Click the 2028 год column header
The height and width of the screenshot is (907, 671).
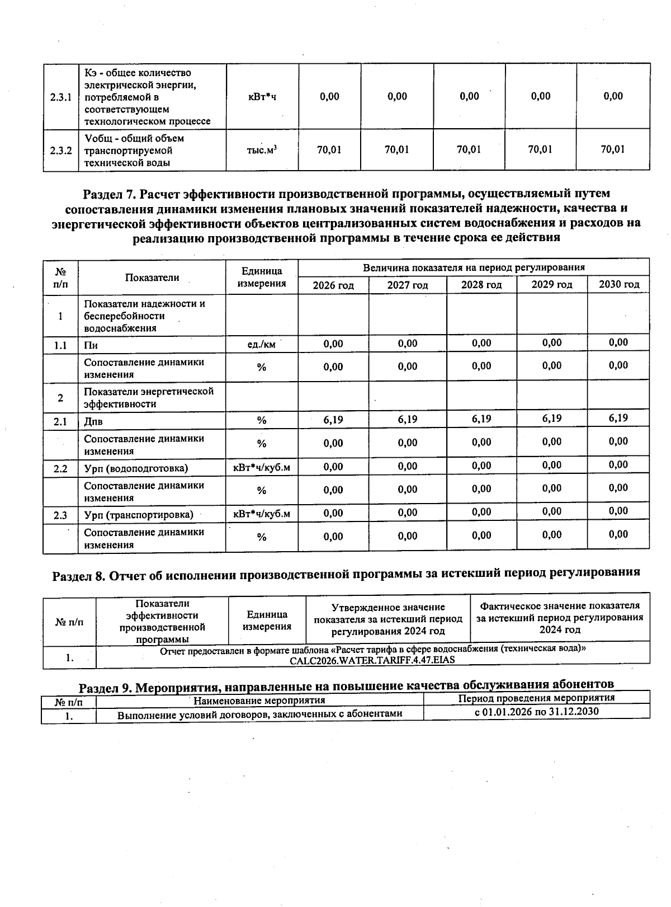pos(481,285)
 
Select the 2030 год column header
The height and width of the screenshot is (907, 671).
pos(618,284)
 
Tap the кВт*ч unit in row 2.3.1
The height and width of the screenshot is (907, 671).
pos(262,97)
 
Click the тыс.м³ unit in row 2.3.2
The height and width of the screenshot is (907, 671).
pos(262,150)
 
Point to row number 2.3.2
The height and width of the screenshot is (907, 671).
pos(60,151)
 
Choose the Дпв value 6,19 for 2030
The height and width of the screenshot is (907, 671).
pos(618,418)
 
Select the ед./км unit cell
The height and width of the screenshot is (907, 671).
pos(262,345)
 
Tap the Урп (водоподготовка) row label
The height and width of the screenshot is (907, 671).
pos(136,468)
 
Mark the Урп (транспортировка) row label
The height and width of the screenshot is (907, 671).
pos(139,515)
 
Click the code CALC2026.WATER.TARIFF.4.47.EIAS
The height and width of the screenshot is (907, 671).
pos(372,660)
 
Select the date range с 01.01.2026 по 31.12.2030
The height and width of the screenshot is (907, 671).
pos(536,712)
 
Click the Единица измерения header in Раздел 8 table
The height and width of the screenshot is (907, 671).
pos(267,621)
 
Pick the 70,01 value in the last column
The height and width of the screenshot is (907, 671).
pos(613,149)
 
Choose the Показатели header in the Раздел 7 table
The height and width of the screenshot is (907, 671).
pos(152,278)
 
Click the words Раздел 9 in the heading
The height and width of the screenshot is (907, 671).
pos(105,687)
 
